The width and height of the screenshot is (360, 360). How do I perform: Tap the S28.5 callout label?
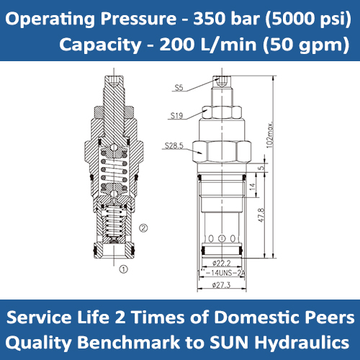(174, 145)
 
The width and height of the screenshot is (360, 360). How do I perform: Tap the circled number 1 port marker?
(123, 270)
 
